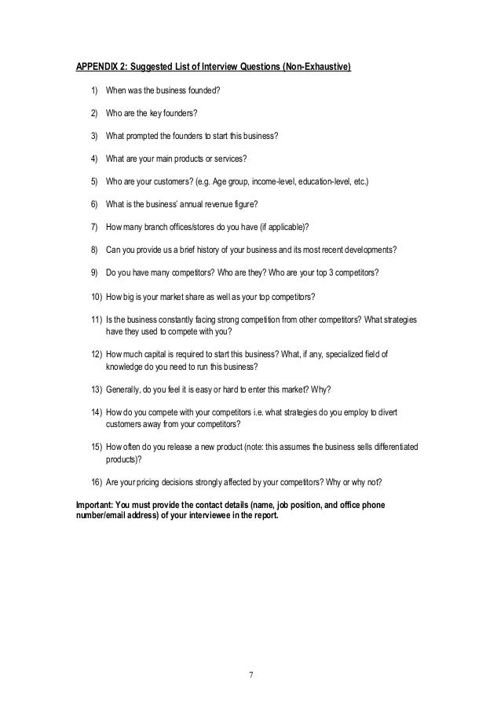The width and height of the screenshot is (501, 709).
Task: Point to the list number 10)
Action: coord(96,296)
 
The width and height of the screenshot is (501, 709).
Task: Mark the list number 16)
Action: coord(96,482)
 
